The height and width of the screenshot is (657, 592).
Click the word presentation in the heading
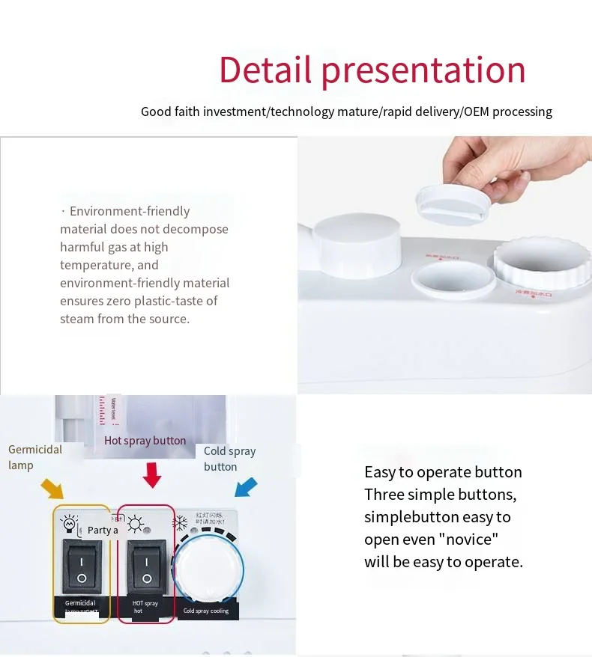tap(423, 71)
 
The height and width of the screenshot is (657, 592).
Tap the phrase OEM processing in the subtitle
tap(507, 112)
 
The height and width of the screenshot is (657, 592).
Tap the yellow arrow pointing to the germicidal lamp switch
tap(52, 488)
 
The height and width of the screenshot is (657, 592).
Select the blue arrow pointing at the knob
tap(246, 487)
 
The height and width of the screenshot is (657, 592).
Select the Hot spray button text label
tap(145, 441)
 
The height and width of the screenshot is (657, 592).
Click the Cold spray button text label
tap(229, 459)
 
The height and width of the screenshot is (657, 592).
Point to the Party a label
tap(103, 530)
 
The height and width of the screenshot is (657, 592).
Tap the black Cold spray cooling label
tap(206, 611)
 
